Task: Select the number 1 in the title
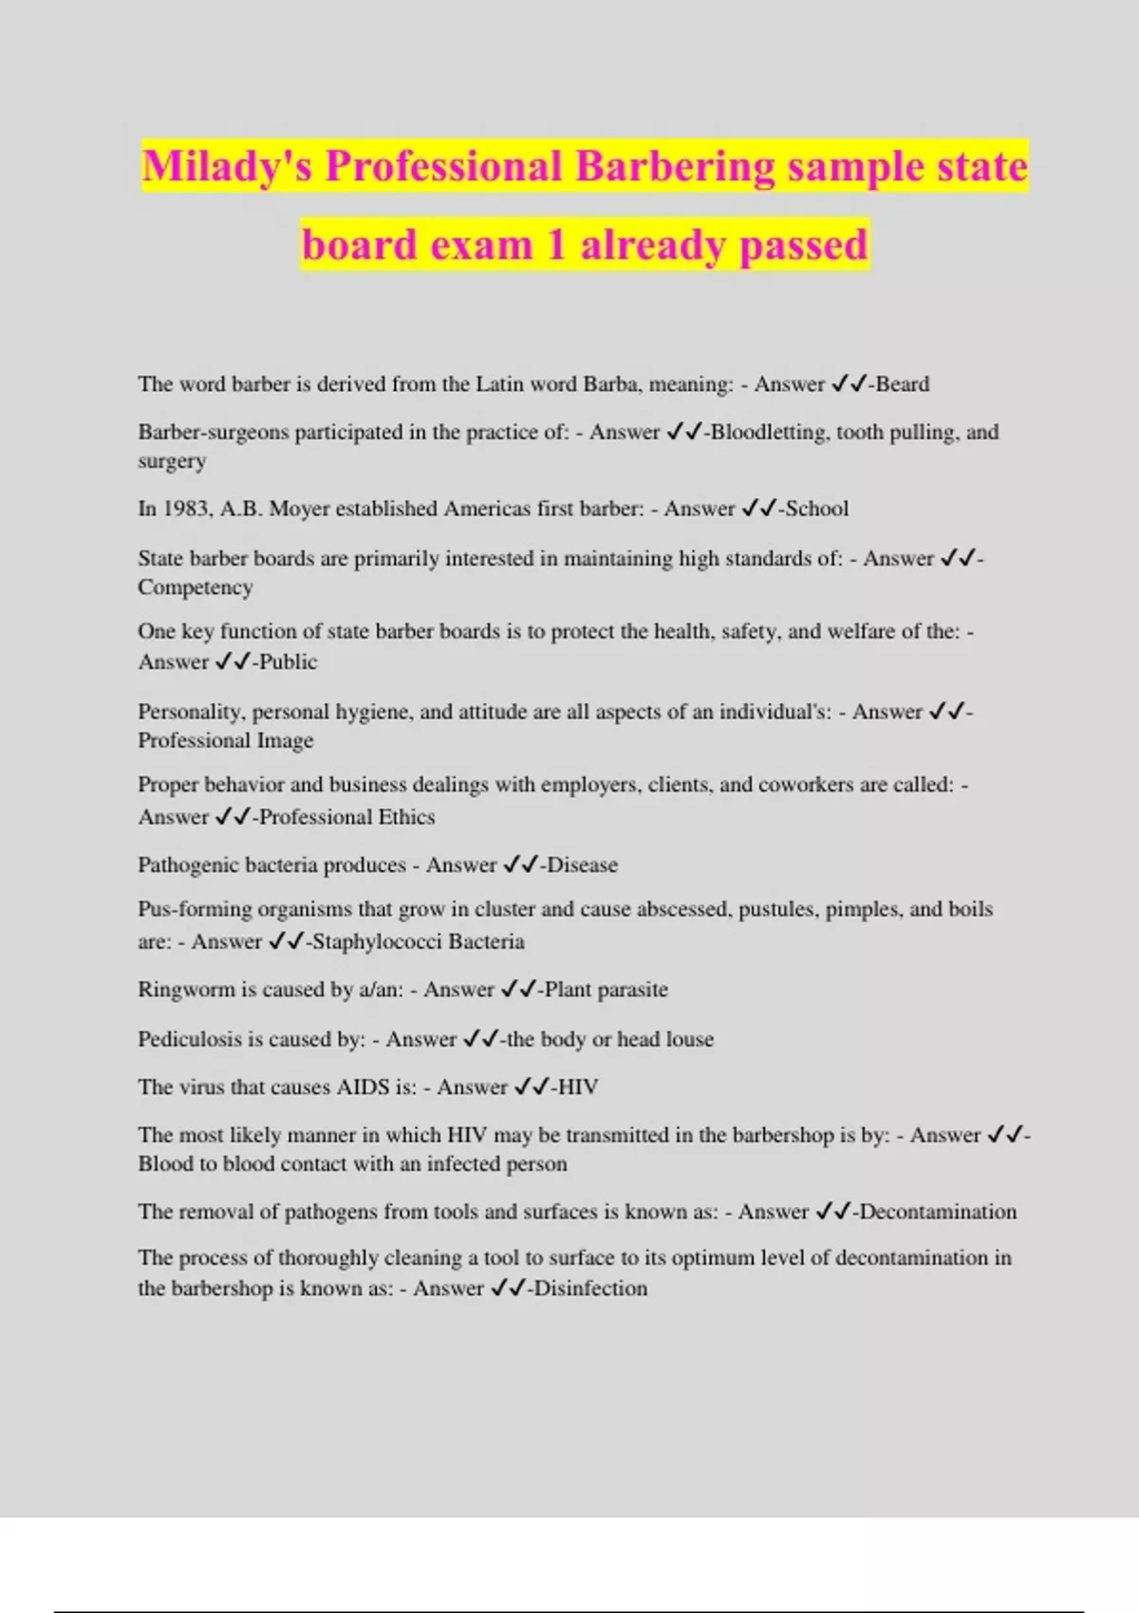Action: (555, 245)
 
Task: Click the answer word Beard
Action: (903, 384)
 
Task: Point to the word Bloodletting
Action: (770, 433)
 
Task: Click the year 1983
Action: (186, 509)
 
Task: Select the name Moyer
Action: (297, 509)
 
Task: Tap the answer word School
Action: (816, 509)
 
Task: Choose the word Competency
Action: (196, 587)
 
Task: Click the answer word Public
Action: (289, 662)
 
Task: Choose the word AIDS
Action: (363, 1087)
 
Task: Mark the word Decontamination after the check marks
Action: (938, 1212)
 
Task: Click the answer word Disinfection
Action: (590, 1289)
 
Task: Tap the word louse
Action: (689, 1039)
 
